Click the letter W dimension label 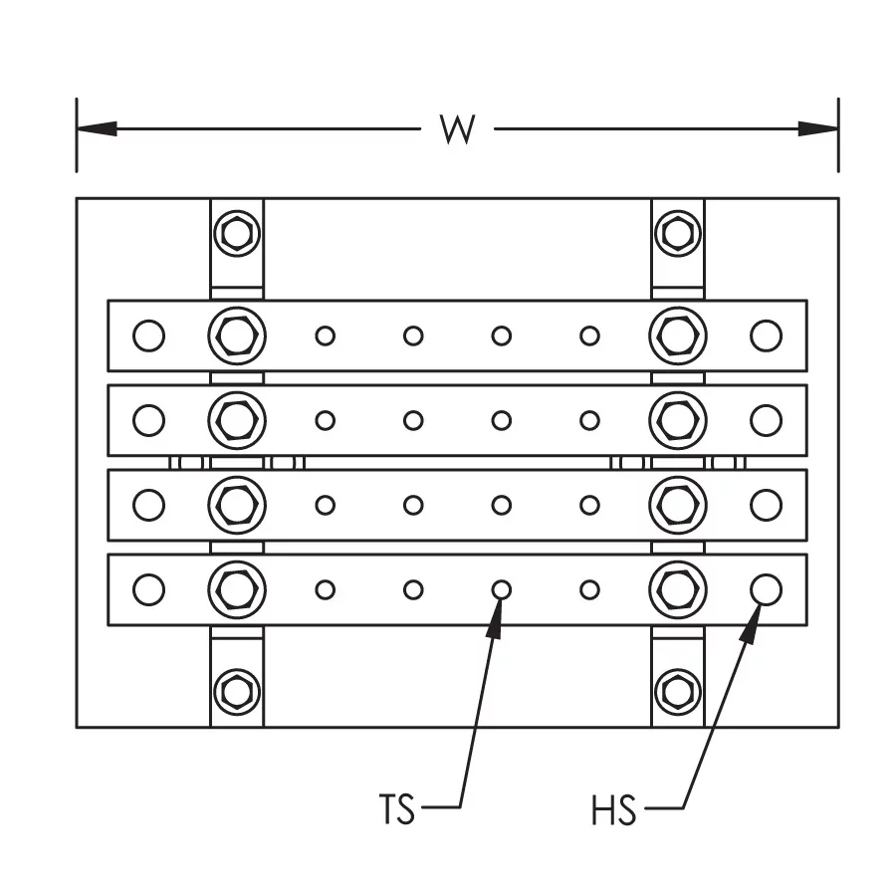(x=457, y=129)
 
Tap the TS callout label (x=396, y=809)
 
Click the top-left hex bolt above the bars (x=237, y=234)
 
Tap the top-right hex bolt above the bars (x=678, y=234)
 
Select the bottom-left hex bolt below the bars (x=237, y=690)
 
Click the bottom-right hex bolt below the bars (x=678, y=690)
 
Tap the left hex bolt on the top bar (x=237, y=336)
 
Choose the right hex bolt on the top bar (x=678, y=336)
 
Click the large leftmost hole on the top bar (x=148, y=336)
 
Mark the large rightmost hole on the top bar (x=766, y=336)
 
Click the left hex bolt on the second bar (x=237, y=420)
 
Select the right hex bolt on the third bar (x=678, y=505)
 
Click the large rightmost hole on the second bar (x=766, y=420)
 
